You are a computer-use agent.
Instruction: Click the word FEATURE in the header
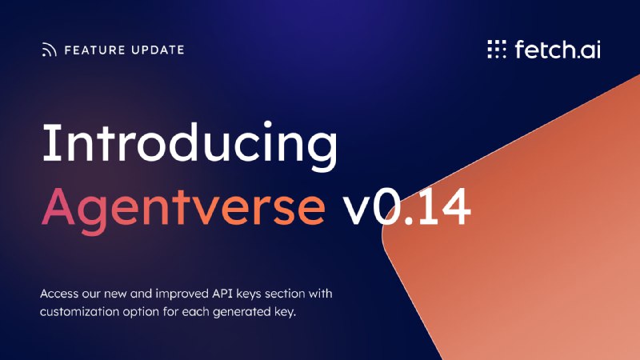94,50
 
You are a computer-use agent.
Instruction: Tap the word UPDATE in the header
158,50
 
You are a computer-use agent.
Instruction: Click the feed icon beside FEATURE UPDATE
49,50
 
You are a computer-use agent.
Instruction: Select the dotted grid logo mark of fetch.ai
497,49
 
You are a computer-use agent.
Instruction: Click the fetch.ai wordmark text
558,49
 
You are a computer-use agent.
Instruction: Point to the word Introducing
190,146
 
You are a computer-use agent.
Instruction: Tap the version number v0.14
406,207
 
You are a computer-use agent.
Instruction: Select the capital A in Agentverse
58,206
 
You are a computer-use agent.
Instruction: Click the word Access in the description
59,294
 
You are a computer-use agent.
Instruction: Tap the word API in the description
222,294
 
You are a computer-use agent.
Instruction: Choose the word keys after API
249,294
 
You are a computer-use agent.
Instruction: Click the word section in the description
285,294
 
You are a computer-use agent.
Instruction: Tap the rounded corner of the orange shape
387,237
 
